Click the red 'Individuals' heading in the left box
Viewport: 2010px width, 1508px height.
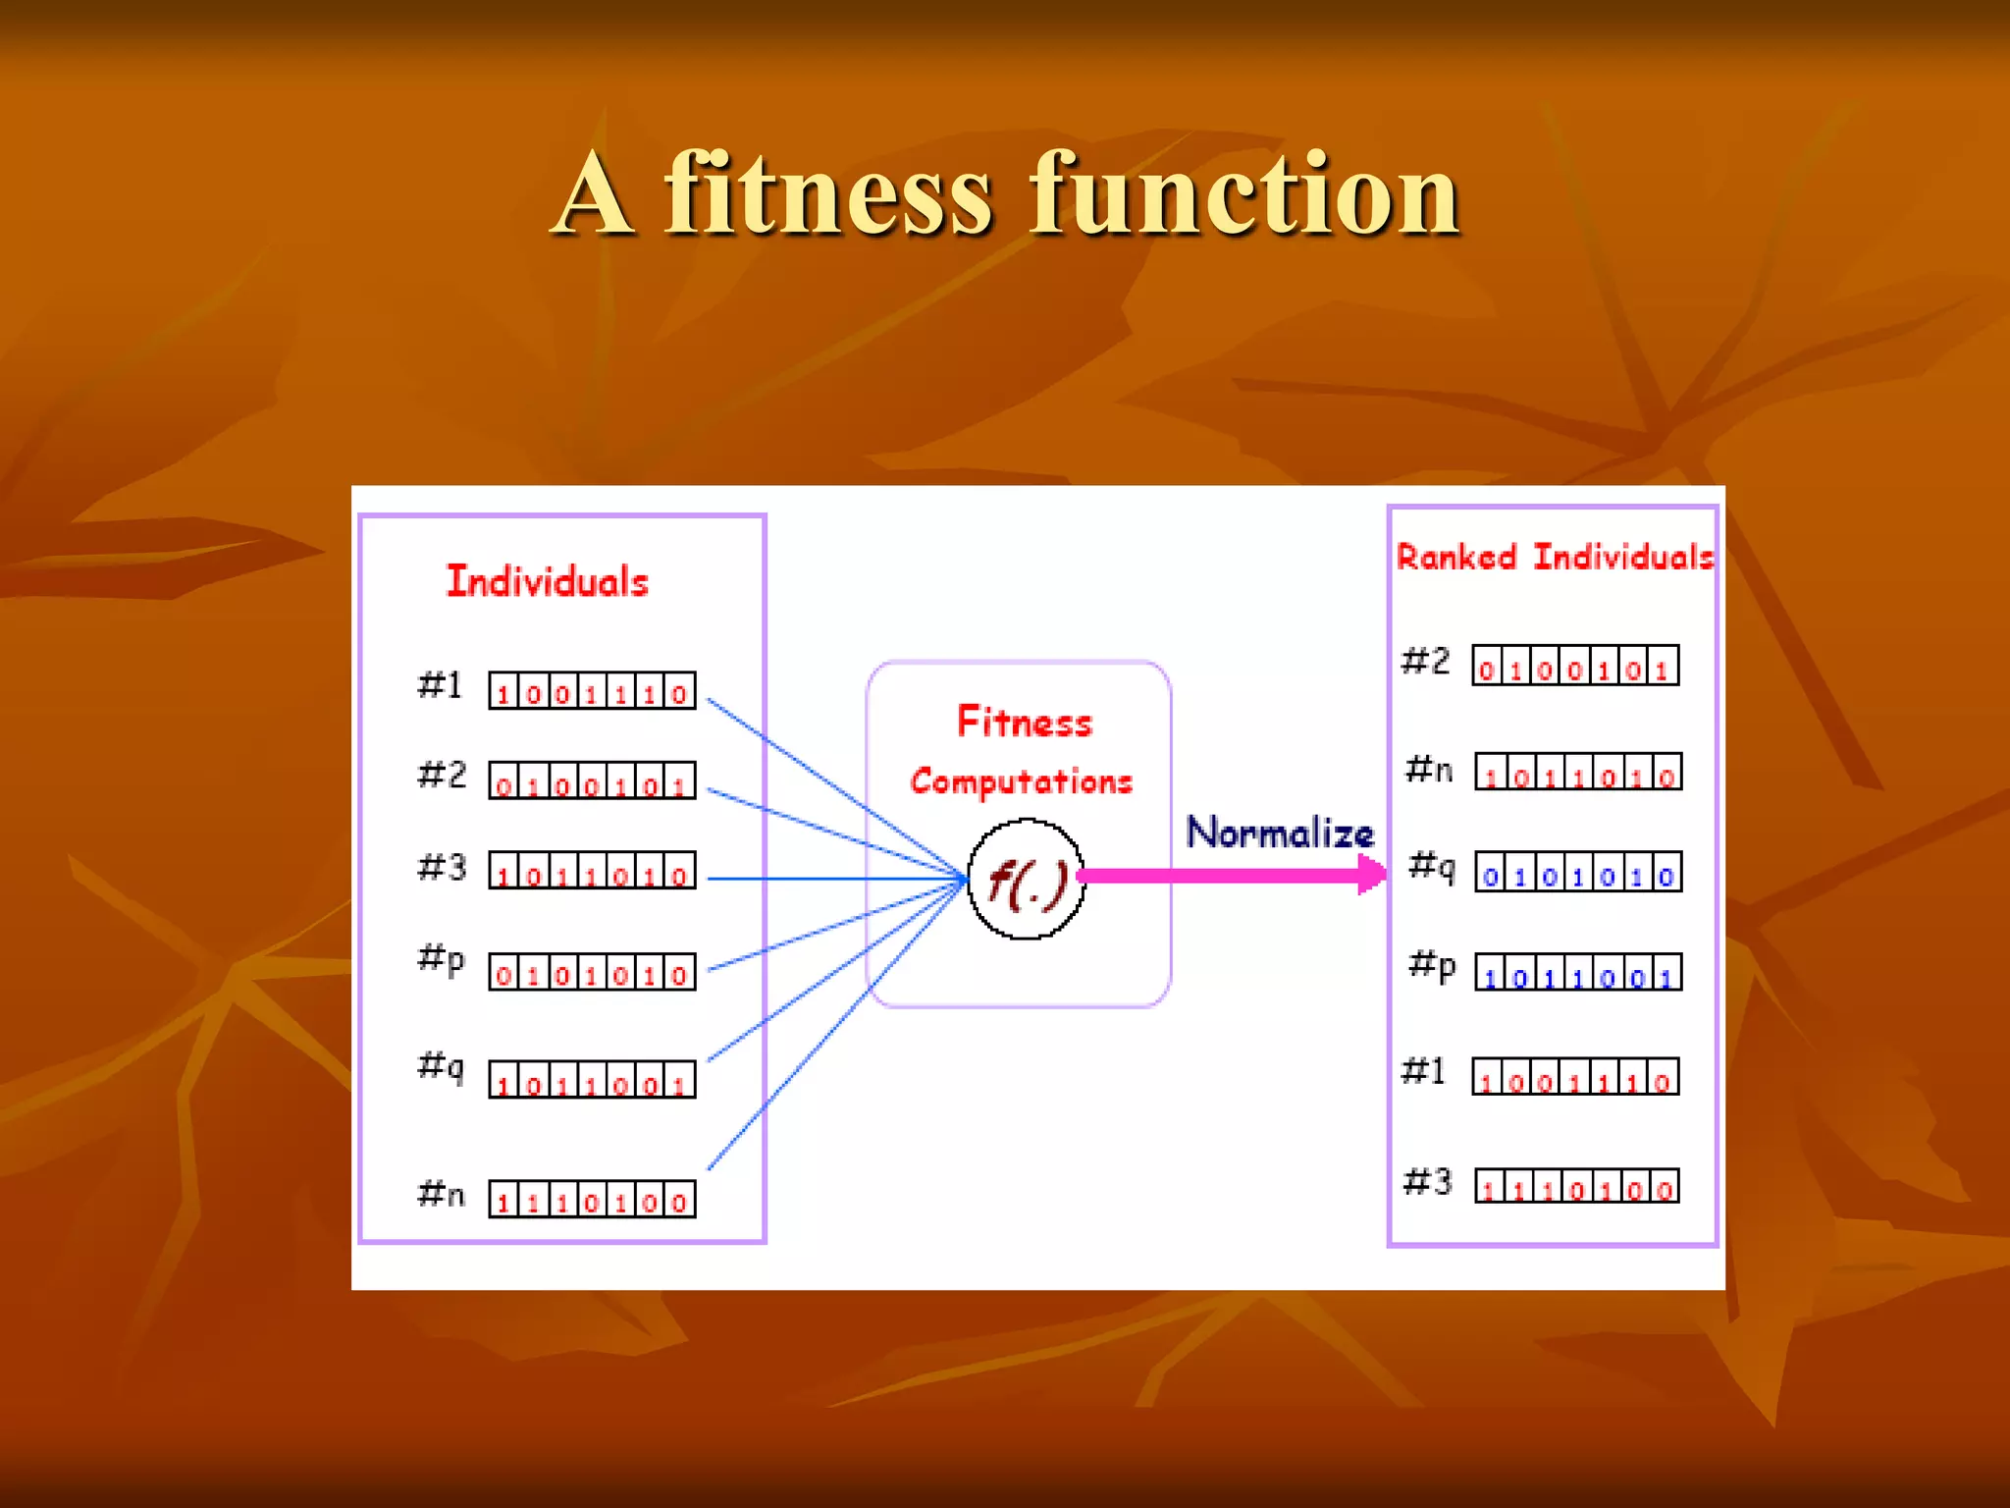click(x=548, y=581)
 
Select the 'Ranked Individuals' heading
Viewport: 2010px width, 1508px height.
click(x=1555, y=557)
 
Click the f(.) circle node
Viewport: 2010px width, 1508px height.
click(x=1026, y=879)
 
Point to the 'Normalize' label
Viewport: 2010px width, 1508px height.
click(x=1280, y=833)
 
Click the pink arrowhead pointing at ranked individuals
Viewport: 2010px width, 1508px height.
click(x=1370, y=874)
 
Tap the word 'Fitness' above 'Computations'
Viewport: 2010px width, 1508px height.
click(x=1025, y=723)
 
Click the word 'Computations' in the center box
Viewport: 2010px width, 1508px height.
click(x=1021, y=781)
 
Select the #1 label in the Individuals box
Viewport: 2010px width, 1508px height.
click(x=440, y=684)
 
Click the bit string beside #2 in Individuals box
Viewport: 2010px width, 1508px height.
click(x=592, y=781)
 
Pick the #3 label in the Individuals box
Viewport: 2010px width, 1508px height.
click(x=442, y=867)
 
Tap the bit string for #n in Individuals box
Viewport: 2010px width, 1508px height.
click(x=592, y=1199)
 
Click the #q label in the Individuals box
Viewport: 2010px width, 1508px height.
click(x=441, y=1064)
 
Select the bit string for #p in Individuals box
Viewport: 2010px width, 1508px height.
click(x=592, y=972)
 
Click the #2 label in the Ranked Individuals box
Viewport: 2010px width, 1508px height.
click(x=1425, y=661)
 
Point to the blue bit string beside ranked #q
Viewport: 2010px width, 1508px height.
click(x=1578, y=872)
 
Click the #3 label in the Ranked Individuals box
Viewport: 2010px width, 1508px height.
click(x=1427, y=1181)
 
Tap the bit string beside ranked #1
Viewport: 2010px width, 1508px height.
click(x=1575, y=1077)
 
